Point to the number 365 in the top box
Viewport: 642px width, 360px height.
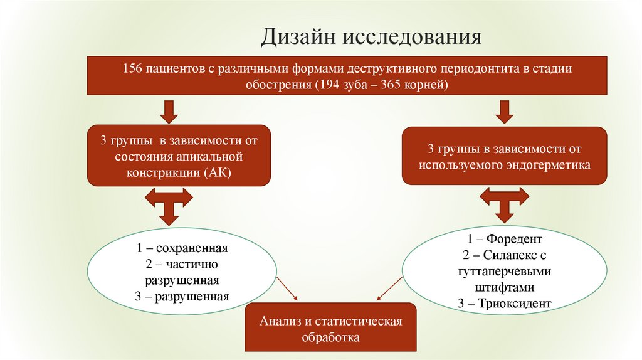coord(388,84)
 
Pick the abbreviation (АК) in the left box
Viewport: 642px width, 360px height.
coord(218,172)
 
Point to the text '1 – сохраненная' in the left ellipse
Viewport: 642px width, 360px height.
coord(182,248)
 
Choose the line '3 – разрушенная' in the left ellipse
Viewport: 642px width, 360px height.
coord(182,295)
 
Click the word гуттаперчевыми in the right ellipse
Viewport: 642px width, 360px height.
coord(504,272)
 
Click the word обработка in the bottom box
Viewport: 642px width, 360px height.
coord(330,337)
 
